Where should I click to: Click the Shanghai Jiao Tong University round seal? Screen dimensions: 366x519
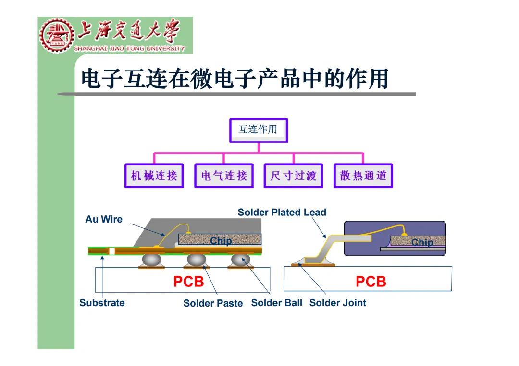tap(56, 35)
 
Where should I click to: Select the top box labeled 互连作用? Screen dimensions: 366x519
tap(259, 130)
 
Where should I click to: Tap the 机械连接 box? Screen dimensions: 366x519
tap(154, 176)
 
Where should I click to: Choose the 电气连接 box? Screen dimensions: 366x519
tap(223, 176)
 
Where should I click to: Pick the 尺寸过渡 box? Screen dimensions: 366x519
tap(293, 176)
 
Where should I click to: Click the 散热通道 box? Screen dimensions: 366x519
tap(363, 176)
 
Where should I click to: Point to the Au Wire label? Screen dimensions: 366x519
tap(104, 219)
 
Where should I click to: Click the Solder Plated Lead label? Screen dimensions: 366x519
tap(282, 212)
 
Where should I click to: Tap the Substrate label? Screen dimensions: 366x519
tap(102, 303)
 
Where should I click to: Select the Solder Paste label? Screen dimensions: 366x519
tap(213, 303)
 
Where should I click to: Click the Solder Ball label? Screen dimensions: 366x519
tap(277, 303)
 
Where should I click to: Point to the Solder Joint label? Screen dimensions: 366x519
tap(338, 303)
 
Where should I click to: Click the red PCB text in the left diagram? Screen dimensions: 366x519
tap(188, 282)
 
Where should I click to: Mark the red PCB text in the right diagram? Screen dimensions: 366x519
tap(371, 282)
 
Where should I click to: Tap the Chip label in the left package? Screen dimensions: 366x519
tap(221, 241)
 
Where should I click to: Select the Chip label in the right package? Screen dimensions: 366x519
tap(422, 242)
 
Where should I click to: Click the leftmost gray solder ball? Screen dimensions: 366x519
tap(152, 260)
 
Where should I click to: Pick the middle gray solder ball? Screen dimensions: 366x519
tap(196, 260)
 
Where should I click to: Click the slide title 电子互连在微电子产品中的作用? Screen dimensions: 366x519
tap(235, 79)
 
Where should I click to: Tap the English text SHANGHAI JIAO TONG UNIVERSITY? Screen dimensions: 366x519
tap(129, 48)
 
